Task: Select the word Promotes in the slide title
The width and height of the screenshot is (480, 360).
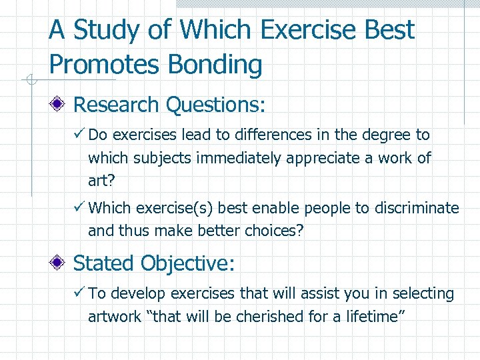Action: click(106, 65)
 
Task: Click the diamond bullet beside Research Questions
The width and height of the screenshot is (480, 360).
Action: click(60, 105)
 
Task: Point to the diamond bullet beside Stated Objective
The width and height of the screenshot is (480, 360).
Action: click(60, 263)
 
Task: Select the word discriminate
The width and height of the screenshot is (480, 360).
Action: click(416, 208)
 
